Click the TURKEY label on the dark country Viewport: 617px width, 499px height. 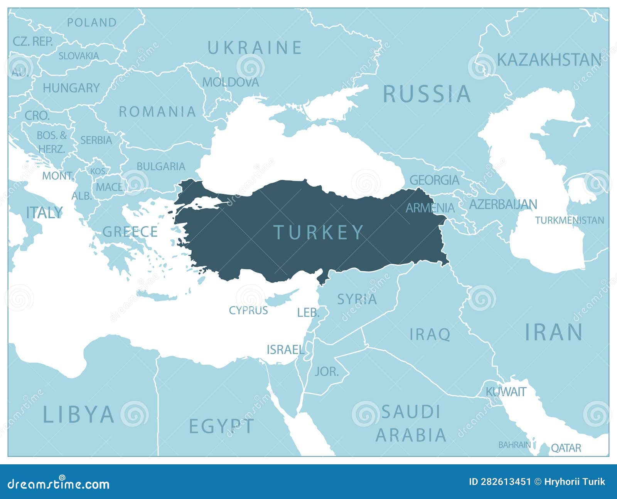(319, 232)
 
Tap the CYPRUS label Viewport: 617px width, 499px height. (248, 310)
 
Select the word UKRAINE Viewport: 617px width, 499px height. (255, 48)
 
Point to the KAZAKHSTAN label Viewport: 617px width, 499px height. (549, 60)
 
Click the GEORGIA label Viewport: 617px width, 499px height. (434, 180)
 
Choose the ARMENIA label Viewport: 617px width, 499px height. (430, 208)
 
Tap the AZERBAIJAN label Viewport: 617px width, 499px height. (502, 204)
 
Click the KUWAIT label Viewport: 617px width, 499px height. (506, 392)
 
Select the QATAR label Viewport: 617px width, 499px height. (566, 448)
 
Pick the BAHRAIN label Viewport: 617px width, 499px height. (514, 445)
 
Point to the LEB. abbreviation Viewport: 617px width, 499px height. (308, 313)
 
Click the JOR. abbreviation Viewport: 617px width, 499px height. (327, 371)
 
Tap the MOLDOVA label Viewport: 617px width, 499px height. (231, 82)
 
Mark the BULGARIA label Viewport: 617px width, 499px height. (161, 166)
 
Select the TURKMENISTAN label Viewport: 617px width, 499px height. (569, 220)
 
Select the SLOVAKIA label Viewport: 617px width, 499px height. (79, 56)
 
